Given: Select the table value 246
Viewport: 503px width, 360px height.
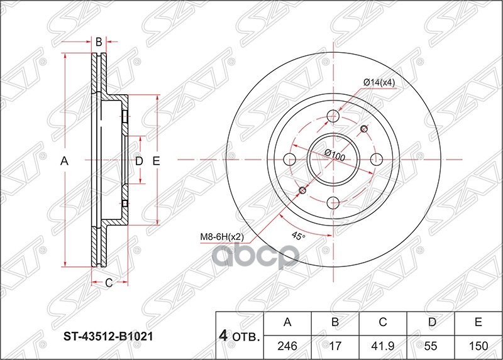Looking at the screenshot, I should pyautogui.click(x=287, y=345).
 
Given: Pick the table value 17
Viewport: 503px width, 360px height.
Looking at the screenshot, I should pyautogui.click(x=335, y=345).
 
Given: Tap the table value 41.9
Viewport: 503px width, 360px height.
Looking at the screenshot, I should pyautogui.click(x=382, y=345).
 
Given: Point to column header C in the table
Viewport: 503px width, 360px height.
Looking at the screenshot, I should pyautogui.click(x=382, y=323).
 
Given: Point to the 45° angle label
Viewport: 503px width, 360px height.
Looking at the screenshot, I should pyautogui.click(x=298, y=236).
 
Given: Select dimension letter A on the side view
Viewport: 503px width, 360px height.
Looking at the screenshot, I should pyautogui.click(x=64, y=161).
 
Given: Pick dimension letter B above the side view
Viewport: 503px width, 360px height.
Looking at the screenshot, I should pyautogui.click(x=99, y=42).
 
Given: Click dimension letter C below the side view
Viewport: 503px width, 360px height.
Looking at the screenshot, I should pyautogui.click(x=108, y=283).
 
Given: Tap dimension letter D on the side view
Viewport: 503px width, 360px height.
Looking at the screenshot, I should pyautogui.click(x=139, y=161).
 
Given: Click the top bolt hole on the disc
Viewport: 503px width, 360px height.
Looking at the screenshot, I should pyautogui.click(x=334, y=116).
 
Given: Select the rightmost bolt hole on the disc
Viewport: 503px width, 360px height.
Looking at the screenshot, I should pyautogui.click(x=377, y=159).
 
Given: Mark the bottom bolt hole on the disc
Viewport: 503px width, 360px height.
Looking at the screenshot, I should pyautogui.click(x=334, y=202).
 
